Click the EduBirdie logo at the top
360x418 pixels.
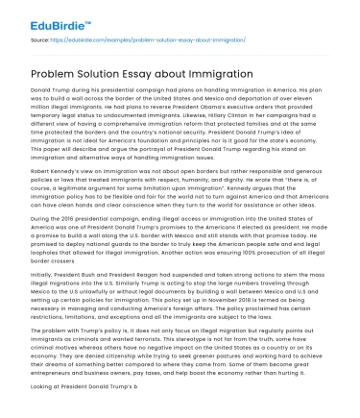click(x=44, y=14)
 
